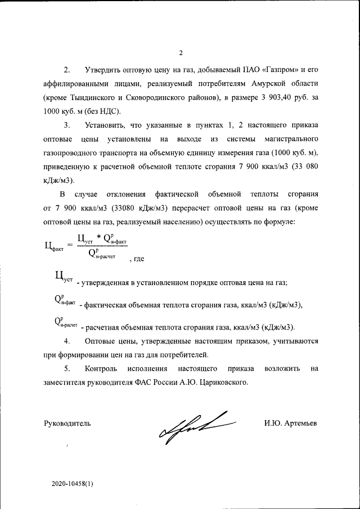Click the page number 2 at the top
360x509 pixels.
[181, 53]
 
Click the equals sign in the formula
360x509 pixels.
[70, 245]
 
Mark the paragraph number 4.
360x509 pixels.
[67, 341]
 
